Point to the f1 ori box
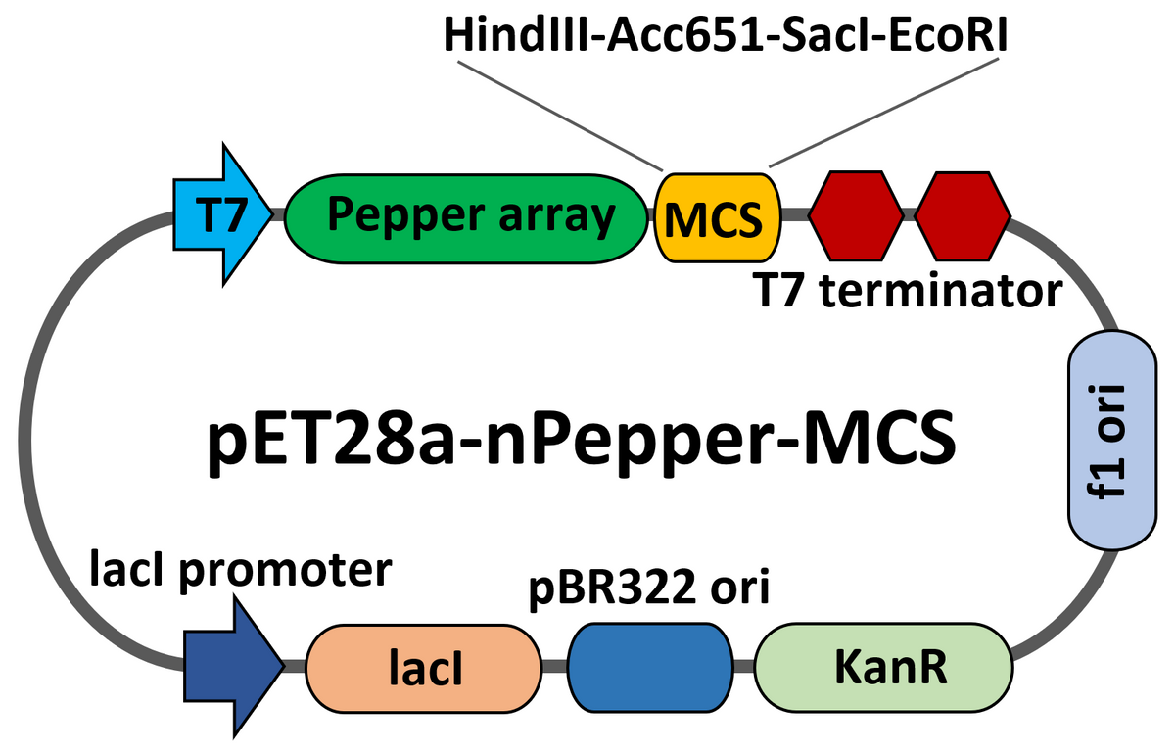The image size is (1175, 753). (1113, 440)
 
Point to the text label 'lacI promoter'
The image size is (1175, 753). (241, 567)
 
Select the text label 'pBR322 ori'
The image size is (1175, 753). (648, 590)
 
